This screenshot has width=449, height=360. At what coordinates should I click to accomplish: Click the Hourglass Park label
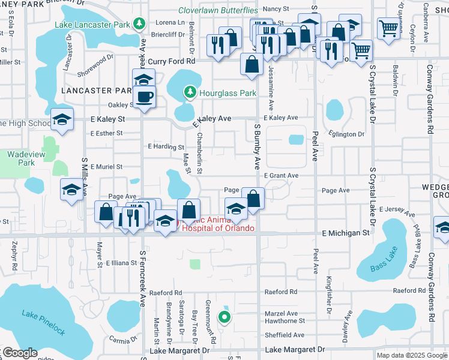tap(228, 93)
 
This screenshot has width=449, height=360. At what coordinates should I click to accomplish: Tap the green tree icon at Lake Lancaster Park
tap(140, 24)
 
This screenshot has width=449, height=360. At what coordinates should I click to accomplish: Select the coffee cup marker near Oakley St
tap(144, 98)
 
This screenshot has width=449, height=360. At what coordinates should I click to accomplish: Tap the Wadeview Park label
tap(21, 158)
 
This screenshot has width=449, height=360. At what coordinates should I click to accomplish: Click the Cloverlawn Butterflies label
tap(218, 10)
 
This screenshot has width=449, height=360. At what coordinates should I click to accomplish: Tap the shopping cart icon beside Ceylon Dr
tap(389, 28)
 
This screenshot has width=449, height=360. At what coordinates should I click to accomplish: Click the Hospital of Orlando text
tap(218, 228)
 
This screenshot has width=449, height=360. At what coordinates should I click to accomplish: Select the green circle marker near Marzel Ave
tap(224, 317)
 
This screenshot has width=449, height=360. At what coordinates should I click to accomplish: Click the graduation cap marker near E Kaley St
tap(62, 120)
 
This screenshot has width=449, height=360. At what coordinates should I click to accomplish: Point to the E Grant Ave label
tap(282, 176)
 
